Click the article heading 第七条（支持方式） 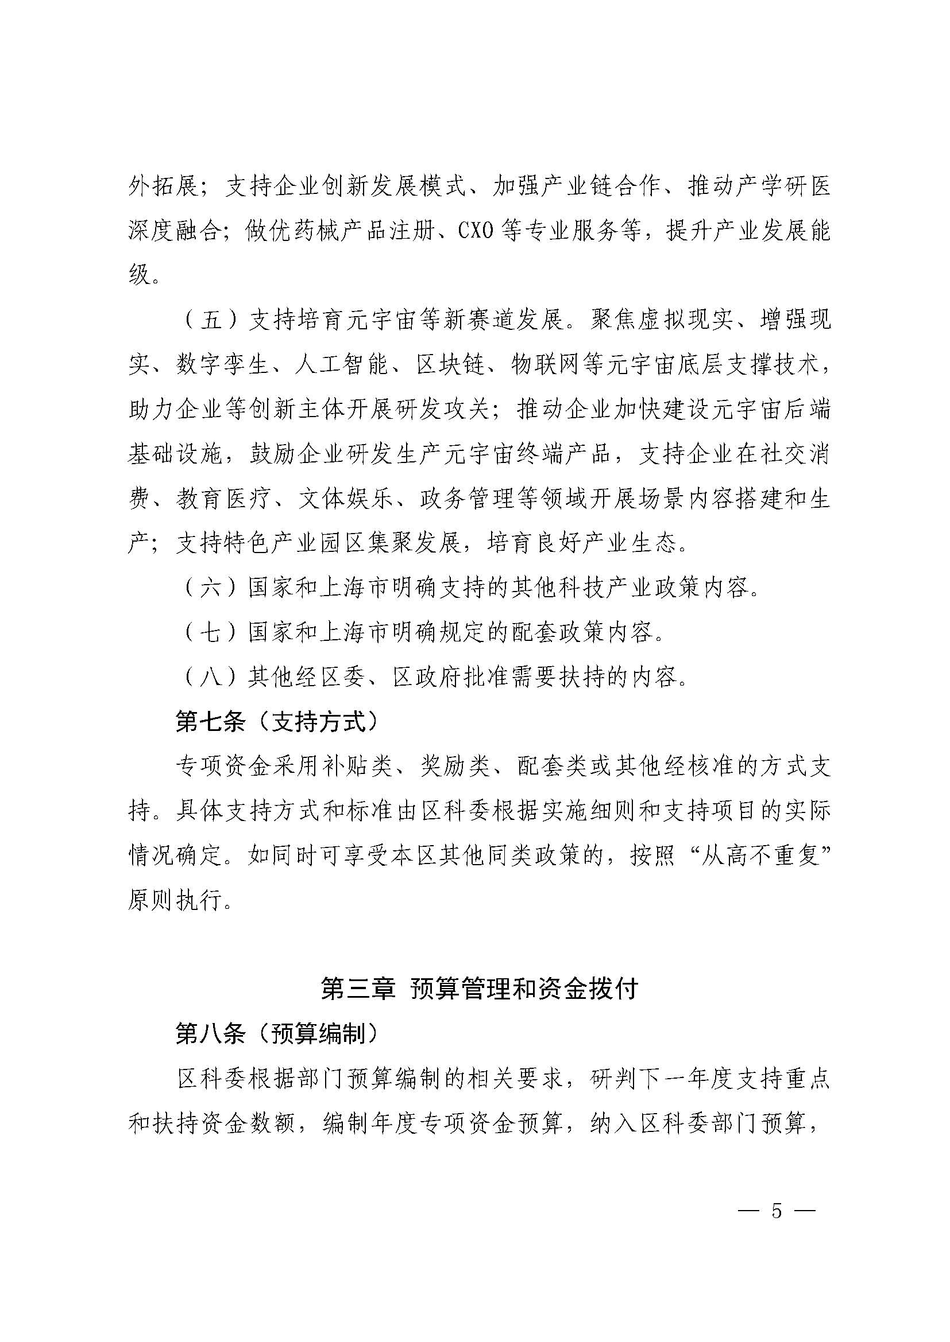(x=277, y=722)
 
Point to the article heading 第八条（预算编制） (x=277, y=1034)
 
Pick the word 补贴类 (x=358, y=767)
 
